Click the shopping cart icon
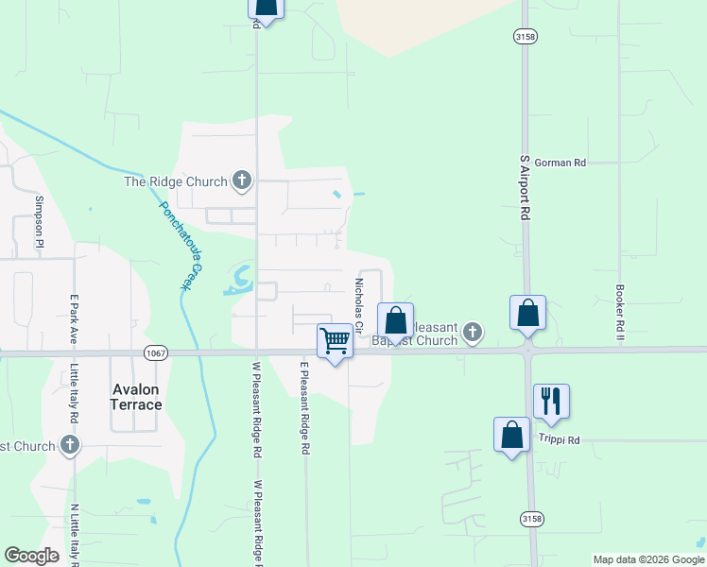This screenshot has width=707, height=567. pyautogui.click(x=335, y=340)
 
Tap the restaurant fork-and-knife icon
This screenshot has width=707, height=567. pyautogui.click(x=550, y=401)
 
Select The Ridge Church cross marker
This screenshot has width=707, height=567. pyautogui.click(x=241, y=180)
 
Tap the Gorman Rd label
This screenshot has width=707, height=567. pyautogui.click(x=560, y=163)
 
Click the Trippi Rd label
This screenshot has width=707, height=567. pyautogui.click(x=560, y=440)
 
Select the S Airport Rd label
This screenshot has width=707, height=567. pyautogui.click(x=525, y=189)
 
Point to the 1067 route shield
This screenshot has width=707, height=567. pyautogui.click(x=156, y=352)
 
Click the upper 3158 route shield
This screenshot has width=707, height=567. pyautogui.click(x=526, y=36)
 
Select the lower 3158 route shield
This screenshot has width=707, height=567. pyautogui.click(x=532, y=519)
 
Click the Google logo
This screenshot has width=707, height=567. pyautogui.click(x=31, y=556)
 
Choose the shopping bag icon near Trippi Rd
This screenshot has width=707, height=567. pyautogui.click(x=511, y=435)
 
